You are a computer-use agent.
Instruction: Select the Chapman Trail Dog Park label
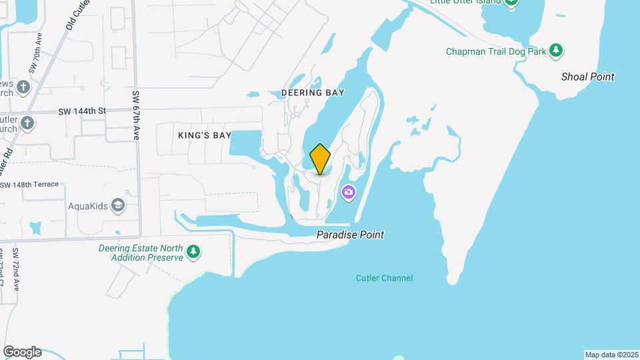pyautogui.click(x=496, y=51)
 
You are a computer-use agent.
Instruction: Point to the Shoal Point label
pyautogui.click(x=587, y=77)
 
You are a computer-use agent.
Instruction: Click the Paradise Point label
pyautogui.click(x=350, y=235)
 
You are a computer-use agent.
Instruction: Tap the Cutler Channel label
pyautogui.click(x=384, y=278)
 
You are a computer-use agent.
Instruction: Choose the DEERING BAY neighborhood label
pyautogui.click(x=313, y=93)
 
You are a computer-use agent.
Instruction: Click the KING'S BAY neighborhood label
pyautogui.click(x=205, y=135)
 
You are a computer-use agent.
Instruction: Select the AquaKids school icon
pyautogui.click(x=119, y=205)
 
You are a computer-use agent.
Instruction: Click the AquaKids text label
pyautogui.click(x=88, y=206)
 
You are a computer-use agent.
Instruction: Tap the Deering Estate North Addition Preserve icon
pyautogui.click(x=193, y=252)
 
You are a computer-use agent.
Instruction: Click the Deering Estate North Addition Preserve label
pyautogui.click(x=141, y=253)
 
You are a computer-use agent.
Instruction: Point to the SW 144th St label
pyautogui.click(x=82, y=111)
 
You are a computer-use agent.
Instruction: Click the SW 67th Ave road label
pyautogui.click(x=135, y=115)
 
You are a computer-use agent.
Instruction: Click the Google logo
pyautogui.click(x=22, y=352)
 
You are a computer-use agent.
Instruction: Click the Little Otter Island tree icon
pyautogui.click(x=511, y=3)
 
